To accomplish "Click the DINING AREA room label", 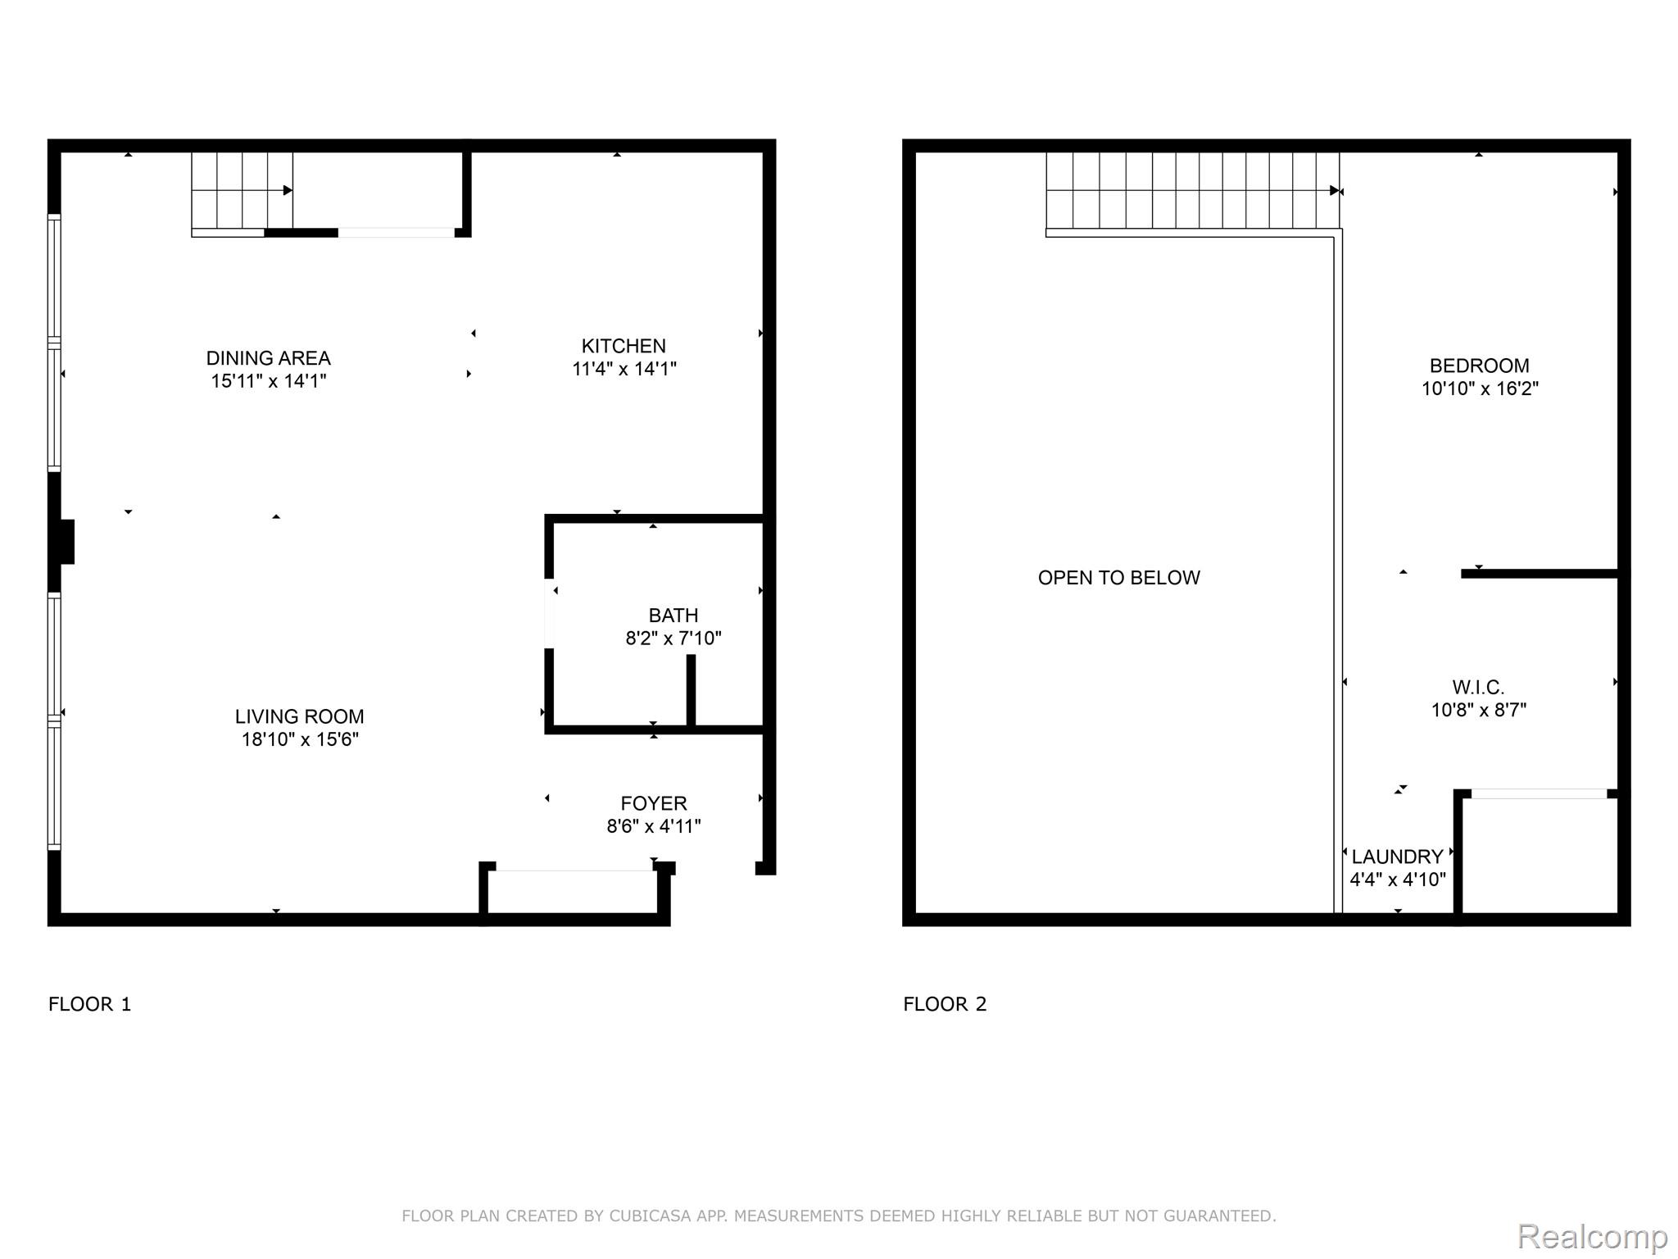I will tap(268, 358).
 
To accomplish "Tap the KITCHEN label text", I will tap(624, 346).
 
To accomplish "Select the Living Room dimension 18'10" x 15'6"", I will tap(300, 739).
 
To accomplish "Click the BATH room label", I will tap(673, 616).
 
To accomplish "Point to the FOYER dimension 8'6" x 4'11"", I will tap(654, 826).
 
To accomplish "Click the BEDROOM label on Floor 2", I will tap(1479, 366).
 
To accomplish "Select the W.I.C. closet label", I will tap(1478, 687).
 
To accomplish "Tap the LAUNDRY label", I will tap(1397, 857).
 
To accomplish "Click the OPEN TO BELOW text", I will tap(1118, 578).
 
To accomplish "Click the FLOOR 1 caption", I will tap(90, 1004).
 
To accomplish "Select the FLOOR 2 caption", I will tap(945, 1004).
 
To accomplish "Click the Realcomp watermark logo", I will tap(1592, 1236).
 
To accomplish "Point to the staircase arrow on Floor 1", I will tap(287, 190).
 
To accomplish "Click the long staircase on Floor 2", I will tap(1192, 190).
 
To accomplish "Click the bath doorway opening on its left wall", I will tap(550, 613).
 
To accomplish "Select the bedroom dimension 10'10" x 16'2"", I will tap(1479, 389).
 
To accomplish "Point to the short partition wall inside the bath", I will tap(691, 690).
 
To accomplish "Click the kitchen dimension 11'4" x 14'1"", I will tap(624, 369).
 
